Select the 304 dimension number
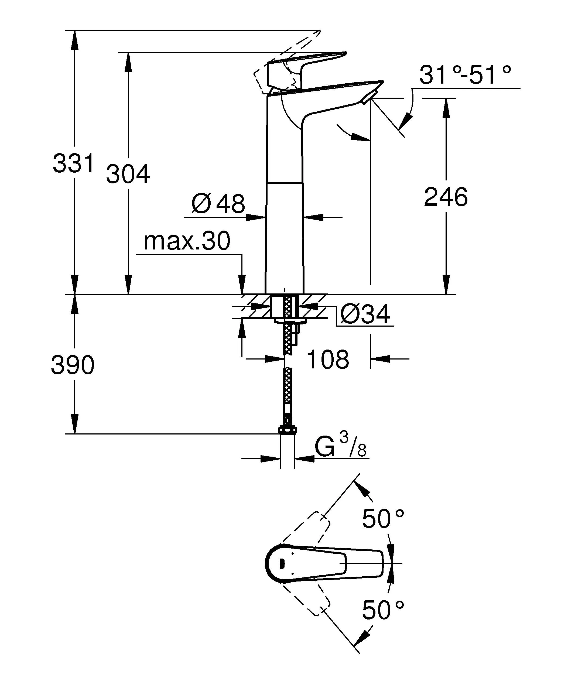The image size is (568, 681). coord(128,174)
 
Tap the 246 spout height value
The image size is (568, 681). coord(446,197)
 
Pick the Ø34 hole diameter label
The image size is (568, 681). coord(365,314)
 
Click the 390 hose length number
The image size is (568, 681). coord(73,365)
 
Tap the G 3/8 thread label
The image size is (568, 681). coord(340,447)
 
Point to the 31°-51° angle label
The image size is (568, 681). coord(465,75)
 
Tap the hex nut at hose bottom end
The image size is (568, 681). coord(287,430)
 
